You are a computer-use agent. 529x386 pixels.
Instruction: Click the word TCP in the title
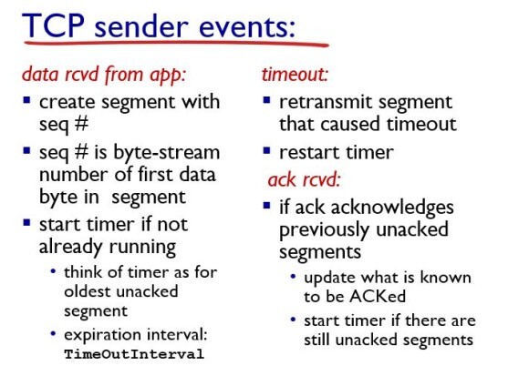pos(53,25)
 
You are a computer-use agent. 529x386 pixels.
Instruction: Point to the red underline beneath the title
pos(176,44)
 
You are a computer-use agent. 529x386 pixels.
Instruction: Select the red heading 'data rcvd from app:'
pos(104,74)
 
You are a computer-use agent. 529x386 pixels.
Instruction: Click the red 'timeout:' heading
pos(296,74)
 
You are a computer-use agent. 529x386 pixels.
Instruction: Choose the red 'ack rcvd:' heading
pos(304,179)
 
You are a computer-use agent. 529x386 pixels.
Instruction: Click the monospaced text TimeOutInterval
pos(134,354)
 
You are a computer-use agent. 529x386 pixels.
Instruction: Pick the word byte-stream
pos(167,153)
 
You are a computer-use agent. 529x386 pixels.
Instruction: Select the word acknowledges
pos(392,208)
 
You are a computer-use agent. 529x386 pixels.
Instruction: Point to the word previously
pos(324,230)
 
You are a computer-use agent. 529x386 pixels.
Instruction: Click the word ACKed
pos(378,297)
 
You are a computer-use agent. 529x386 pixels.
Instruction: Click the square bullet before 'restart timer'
pos(267,150)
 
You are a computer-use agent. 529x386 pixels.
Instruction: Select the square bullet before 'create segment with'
pos(26,100)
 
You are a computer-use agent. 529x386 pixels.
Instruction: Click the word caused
pos(351,125)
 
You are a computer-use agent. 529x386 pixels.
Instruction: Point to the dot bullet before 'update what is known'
pos(293,277)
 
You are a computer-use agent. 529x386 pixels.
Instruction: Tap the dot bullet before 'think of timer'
pos(53,271)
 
